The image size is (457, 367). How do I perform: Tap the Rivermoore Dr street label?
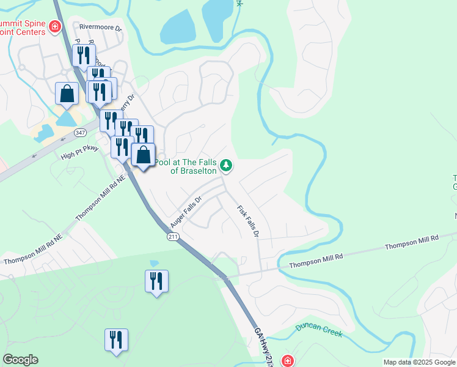click(x=100, y=27)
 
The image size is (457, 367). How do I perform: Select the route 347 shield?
click(x=80, y=132)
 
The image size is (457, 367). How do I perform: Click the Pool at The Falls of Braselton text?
click(x=186, y=166)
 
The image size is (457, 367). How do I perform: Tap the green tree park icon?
click(x=226, y=165)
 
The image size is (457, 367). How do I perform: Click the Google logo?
click(x=21, y=360)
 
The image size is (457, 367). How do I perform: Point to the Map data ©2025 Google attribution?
click(x=419, y=362)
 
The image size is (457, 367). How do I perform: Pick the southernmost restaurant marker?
click(x=115, y=339)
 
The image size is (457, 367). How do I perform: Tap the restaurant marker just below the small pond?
click(x=156, y=281)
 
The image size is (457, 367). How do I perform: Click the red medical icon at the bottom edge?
click(x=287, y=361)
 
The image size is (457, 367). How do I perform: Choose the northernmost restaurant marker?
click(x=83, y=56)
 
